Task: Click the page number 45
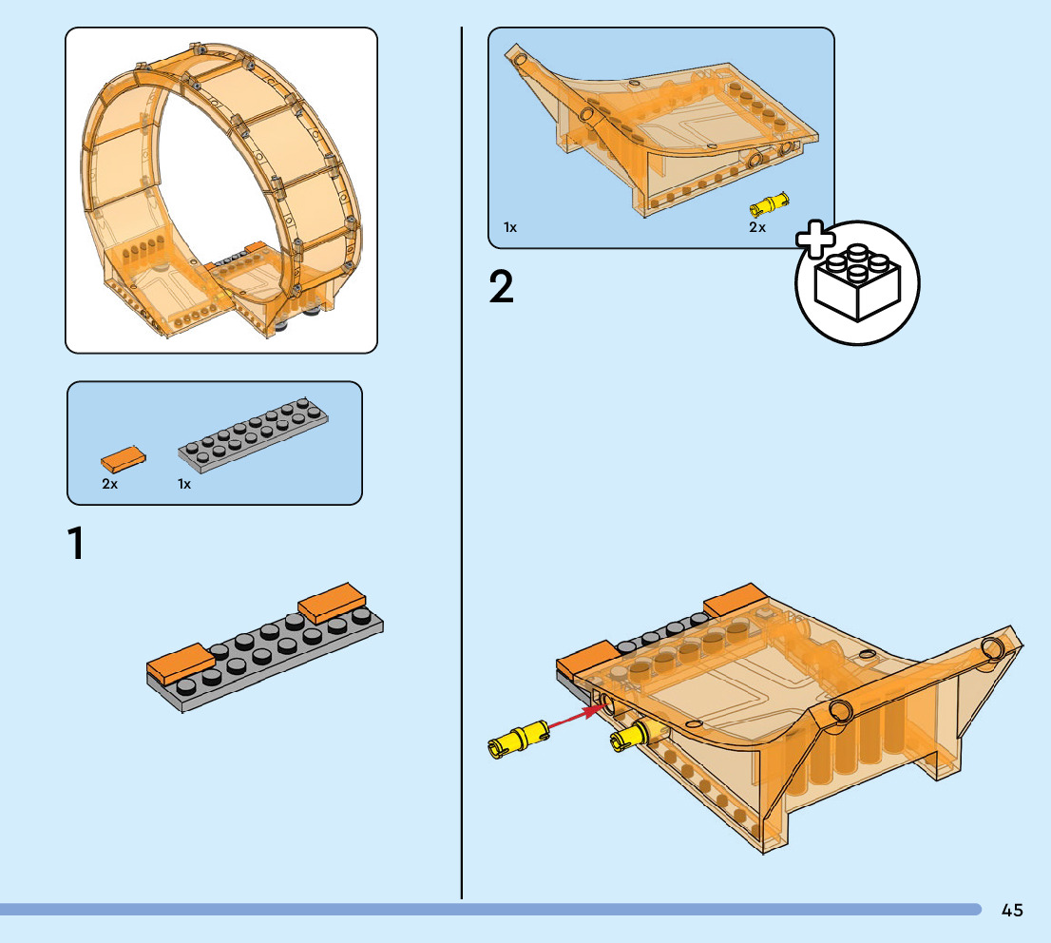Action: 1012,911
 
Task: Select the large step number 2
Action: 501,287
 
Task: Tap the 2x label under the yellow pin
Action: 756,228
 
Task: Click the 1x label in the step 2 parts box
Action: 510,228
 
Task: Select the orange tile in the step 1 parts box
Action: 124,459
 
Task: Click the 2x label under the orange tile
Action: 110,484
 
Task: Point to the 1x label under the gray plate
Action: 184,484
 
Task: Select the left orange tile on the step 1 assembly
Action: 180,663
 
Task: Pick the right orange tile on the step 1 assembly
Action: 333,602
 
